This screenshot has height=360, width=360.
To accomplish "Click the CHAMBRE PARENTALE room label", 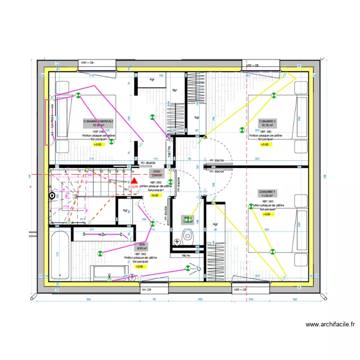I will pyautogui.click(x=98, y=121).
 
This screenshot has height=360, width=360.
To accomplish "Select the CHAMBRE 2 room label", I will pyautogui.click(x=267, y=121).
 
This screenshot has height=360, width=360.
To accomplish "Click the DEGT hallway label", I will pyautogui.click(x=156, y=171).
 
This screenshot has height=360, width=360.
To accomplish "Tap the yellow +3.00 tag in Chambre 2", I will pyautogui.click(x=264, y=144).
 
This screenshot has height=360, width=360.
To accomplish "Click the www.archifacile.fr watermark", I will pyautogui.click(x=330, y=324).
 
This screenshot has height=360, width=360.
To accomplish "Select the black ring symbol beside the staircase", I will pyautogui.click(x=52, y=195).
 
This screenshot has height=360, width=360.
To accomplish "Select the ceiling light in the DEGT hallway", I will pyautogui.click(x=169, y=181).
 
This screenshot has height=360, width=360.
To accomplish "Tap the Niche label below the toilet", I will pyautogui.click(x=186, y=255).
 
